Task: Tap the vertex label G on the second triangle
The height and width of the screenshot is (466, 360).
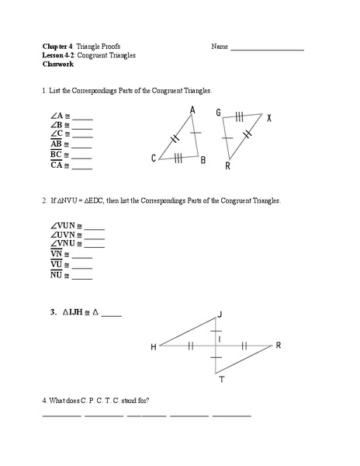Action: point(220,113)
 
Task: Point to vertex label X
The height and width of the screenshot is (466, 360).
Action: point(269,118)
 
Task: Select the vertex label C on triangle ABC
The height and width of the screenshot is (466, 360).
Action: point(154,158)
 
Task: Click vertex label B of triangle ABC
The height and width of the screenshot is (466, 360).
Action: point(202,161)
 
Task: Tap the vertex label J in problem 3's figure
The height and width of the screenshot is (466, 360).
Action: point(220,314)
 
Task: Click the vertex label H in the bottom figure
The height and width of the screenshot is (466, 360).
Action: point(153,346)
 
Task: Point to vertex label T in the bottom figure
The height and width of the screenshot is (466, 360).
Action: point(221,379)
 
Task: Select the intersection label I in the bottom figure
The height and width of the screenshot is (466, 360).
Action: point(220,339)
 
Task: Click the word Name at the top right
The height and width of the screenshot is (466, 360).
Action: point(219,47)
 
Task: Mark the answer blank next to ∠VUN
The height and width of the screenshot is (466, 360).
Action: point(94,228)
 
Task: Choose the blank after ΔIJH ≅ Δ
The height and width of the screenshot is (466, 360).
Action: point(112,315)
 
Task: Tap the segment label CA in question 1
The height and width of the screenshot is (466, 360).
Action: point(56,165)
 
